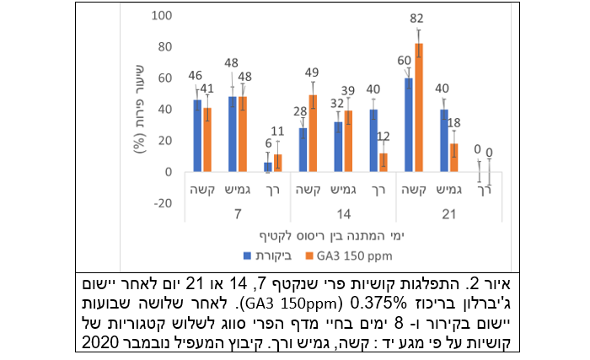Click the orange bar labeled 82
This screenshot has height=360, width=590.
tap(418, 108)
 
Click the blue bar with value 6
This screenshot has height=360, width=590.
tap(268, 167)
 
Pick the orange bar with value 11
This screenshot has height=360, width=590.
tap(277, 164)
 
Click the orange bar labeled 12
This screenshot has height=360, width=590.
tap(383, 163)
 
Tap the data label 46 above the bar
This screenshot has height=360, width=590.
tap(195, 75)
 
